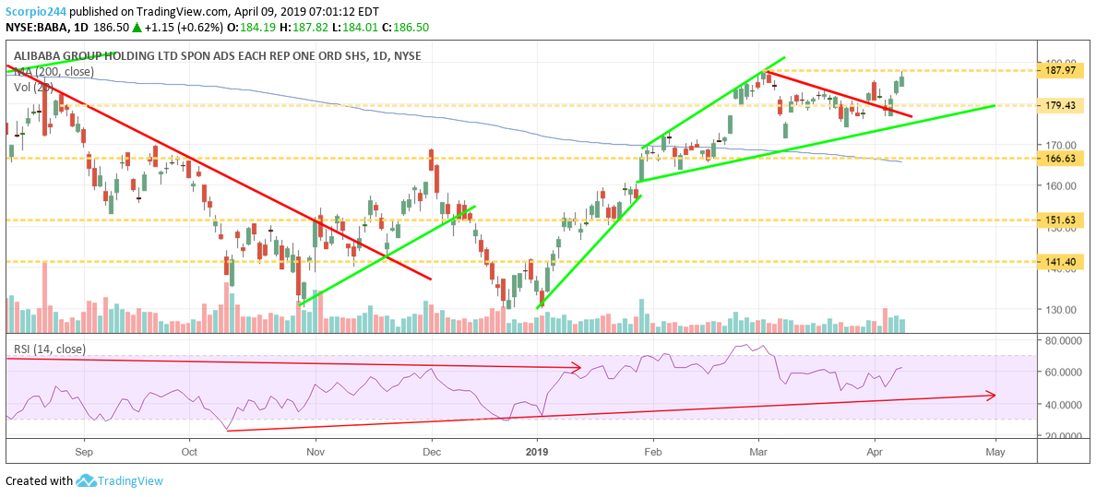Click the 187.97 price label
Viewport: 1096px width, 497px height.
1063,70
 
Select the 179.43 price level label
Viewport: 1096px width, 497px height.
1063,105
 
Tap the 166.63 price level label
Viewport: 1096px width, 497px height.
1063,159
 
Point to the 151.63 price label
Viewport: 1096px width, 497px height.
1063,220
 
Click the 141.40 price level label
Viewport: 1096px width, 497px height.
1063,262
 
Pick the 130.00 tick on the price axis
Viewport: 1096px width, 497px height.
1061,310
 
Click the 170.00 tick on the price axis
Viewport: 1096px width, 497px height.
1061,145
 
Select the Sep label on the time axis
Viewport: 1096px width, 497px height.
84,453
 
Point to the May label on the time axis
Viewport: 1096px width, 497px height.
995,453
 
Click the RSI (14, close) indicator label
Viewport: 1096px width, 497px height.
49,349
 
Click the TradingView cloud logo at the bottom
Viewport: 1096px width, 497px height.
87,480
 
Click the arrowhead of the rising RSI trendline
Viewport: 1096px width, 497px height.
992,396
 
